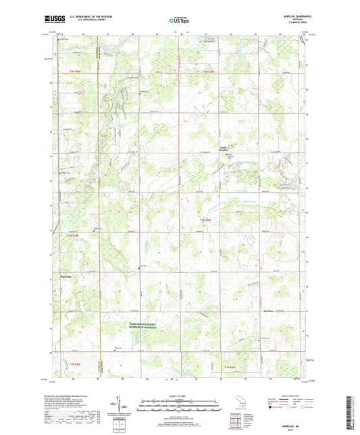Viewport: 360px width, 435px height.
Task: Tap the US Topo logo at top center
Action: [x=178, y=21]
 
